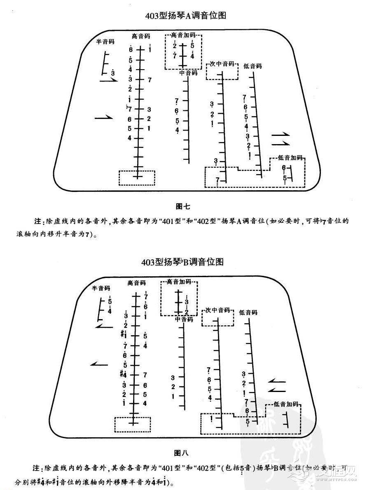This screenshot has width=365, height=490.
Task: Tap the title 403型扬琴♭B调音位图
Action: coord(182,262)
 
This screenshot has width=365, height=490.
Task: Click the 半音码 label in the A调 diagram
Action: coord(105,42)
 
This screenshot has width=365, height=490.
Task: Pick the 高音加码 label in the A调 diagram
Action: coord(184,35)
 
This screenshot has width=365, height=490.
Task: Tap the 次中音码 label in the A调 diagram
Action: coord(222,64)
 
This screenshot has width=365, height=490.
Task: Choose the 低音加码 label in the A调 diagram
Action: coord(290,157)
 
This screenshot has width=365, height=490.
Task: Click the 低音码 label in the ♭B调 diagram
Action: coord(248,313)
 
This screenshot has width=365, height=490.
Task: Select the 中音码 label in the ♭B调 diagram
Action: coord(184,319)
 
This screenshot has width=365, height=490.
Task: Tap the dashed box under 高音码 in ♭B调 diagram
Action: coord(133,424)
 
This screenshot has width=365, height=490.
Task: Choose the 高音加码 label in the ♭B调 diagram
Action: coord(179,282)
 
